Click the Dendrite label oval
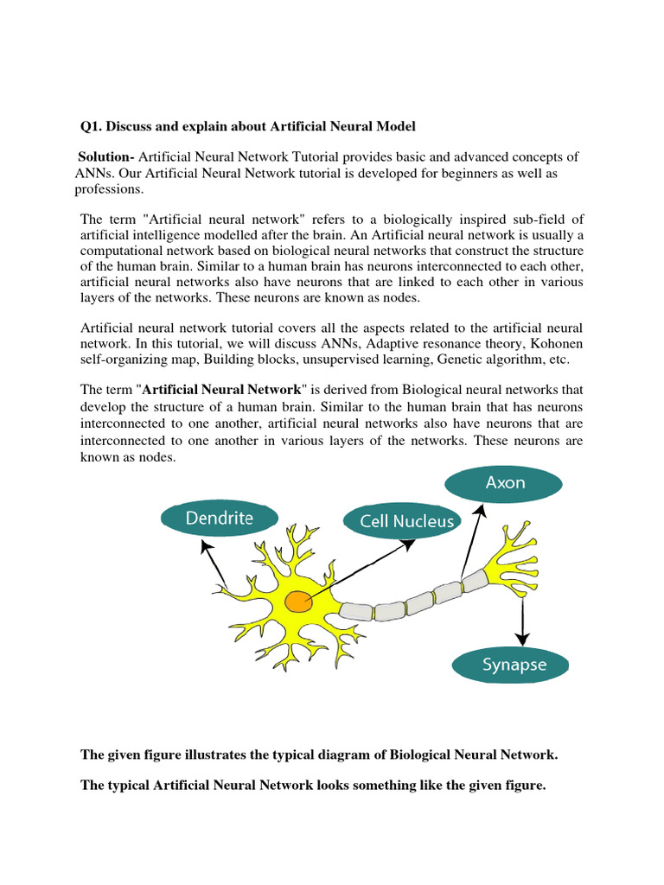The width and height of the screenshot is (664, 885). click(219, 519)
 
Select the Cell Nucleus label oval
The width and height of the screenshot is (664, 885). click(399, 521)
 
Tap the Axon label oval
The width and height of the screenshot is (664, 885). click(505, 483)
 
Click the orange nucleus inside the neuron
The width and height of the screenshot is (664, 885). click(299, 602)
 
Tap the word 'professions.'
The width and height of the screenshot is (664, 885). click(109, 189)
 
